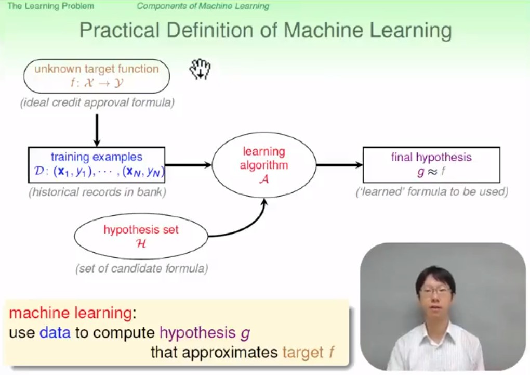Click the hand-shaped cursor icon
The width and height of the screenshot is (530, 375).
pyautogui.click(x=200, y=69)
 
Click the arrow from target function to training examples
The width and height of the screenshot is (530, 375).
pyautogui.click(x=97, y=131)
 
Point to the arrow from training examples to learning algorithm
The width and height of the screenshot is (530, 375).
pyautogui.click(x=188, y=165)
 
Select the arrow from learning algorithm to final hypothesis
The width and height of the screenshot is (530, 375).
pyautogui.click(x=340, y=165)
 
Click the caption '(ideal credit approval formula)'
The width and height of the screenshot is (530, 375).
pyautogui.click(x=97, y=102)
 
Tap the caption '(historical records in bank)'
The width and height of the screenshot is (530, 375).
pyautogui.click(x=97, y=192)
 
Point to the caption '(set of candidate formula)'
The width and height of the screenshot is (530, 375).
pyautogui.click(x=142, y=268)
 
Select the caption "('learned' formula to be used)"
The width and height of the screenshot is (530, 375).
pyautogui.click(x=432, y=191)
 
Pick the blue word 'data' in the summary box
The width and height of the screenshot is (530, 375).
pyautogui.click(x=55, y=332)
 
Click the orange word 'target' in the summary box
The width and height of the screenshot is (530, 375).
pyautogui.click(x=303, y=352)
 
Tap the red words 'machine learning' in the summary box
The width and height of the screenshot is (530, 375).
pyautogui.click(x=70, y=313)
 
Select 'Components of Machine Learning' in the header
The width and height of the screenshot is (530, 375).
pyautogui.click(x=203, y=6)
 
